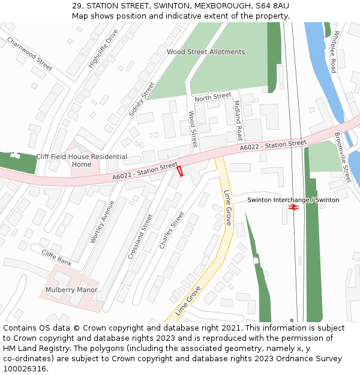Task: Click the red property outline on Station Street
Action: [x=179, y=171]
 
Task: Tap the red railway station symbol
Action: [x=293, y=208]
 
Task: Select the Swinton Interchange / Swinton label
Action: [x=293, y=200]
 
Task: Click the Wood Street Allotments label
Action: [x=206, y=52]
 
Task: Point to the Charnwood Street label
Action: [x=29, y=52]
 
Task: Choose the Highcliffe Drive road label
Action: [x=103, y=47]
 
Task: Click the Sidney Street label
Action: [x=142, y=99]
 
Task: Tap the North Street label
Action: [x=213, y=97]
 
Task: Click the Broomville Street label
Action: [x=342, y=158]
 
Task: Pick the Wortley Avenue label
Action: [x=102, y=221]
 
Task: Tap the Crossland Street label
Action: [x=140, y=236]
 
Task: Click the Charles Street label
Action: [x=172, y=230]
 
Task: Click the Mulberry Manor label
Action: [x=71, y=290]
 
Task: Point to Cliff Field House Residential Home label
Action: [x=82, y=160]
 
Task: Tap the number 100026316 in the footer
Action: [x=25, y=369]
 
